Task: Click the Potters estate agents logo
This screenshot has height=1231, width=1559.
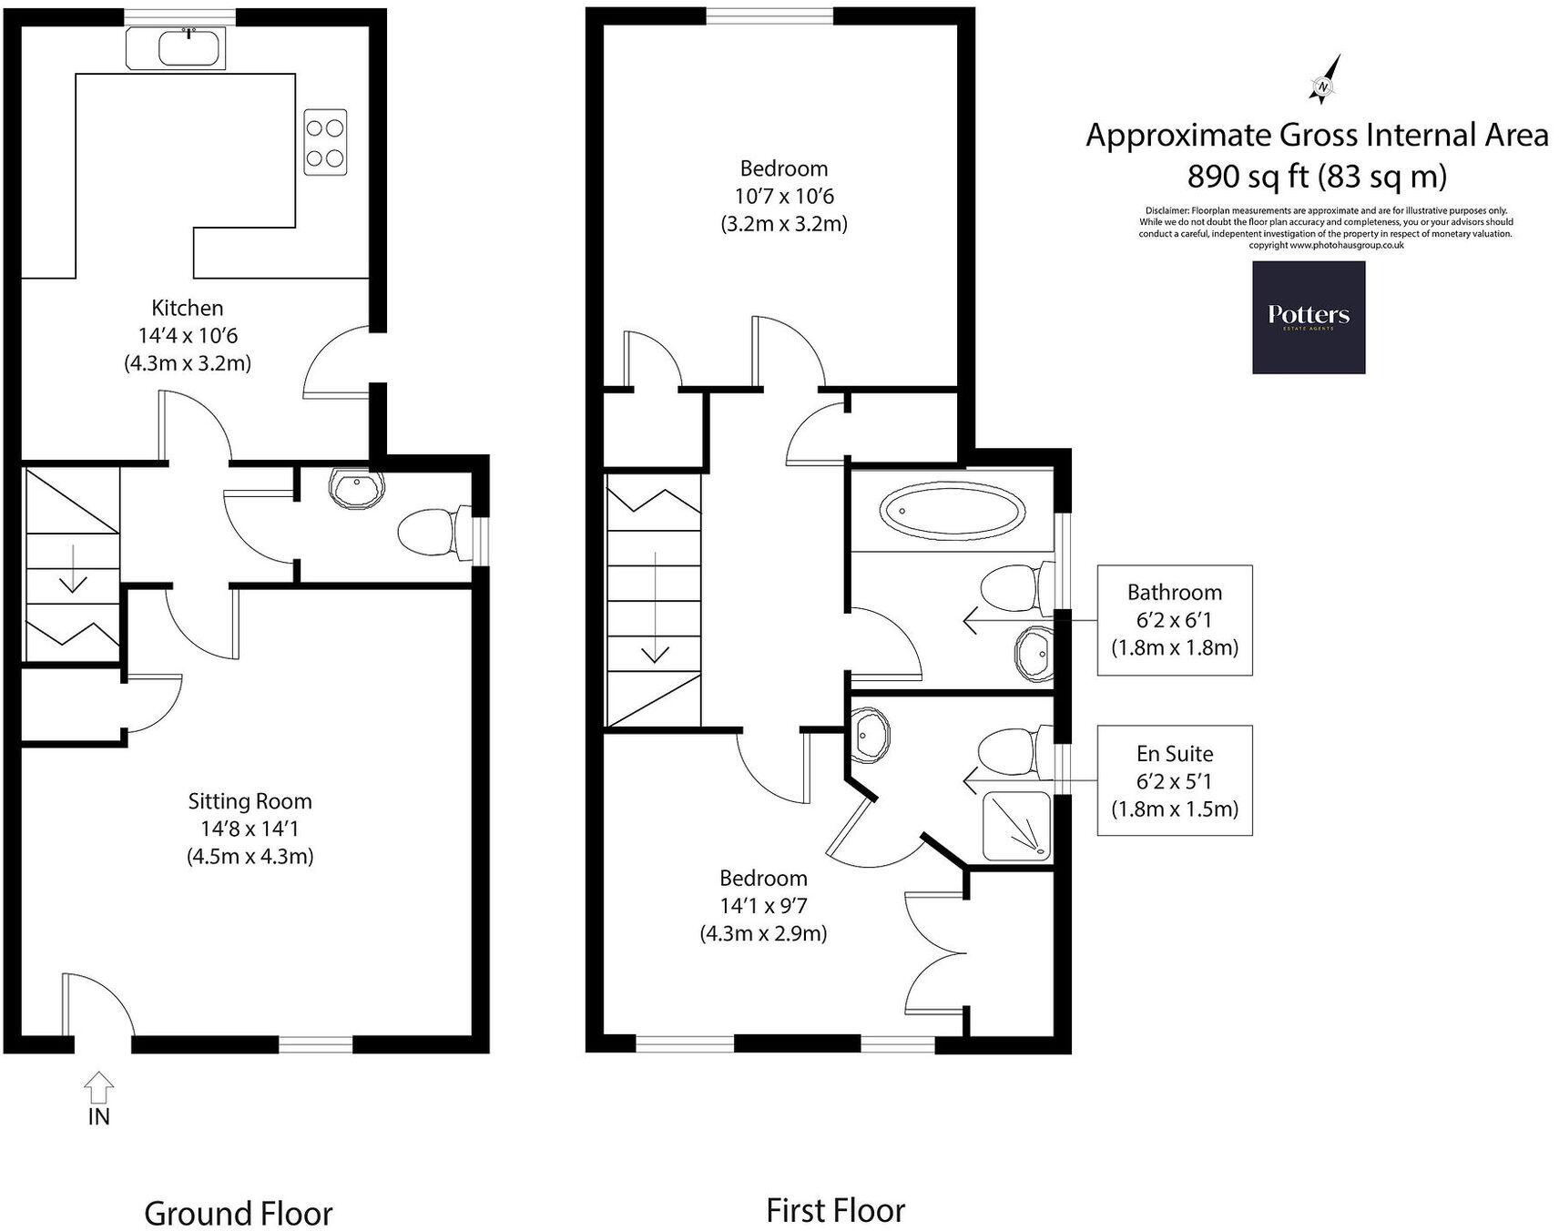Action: pos(1308,317)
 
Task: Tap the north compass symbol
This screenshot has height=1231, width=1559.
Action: pos(1326,81)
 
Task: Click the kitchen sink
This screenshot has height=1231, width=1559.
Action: pos(191,47)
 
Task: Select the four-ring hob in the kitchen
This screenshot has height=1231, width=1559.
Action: pos(325,141)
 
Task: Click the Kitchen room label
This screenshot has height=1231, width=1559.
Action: pos(188,308)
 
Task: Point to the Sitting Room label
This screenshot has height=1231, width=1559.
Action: pos(250,801)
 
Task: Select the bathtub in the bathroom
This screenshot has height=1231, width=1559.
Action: pos(951,511)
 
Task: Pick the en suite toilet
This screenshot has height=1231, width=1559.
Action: pos(1007,751)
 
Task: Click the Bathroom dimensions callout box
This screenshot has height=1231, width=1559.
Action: pos(1174,620)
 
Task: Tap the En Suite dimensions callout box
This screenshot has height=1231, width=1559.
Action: pos(1174,780)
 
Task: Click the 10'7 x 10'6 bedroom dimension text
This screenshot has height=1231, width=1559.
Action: pos(783,196)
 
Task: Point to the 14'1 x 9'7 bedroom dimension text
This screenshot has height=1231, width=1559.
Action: pos(763,906)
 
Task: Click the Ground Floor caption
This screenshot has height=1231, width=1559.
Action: pos(239,1214)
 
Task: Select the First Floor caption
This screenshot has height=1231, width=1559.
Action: pos(835,1211)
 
